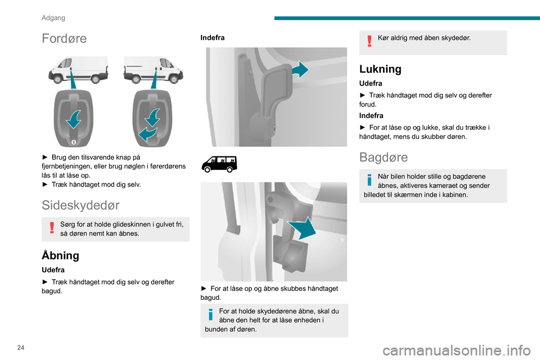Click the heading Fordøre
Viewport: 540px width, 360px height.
[64, 38]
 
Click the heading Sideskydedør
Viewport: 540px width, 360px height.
[80, 205]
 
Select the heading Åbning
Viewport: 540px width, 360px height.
[60, 255]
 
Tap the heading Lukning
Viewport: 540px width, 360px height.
[380, 69]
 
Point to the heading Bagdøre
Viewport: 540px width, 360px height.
[383, 157]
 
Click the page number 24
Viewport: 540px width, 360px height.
[21, 348]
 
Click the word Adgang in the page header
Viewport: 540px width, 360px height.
[53, 18]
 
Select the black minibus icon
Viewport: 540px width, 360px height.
[219, 164]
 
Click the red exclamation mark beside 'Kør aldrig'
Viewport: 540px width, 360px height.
[370, 40]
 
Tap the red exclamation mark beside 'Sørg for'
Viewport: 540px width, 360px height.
[52, 227]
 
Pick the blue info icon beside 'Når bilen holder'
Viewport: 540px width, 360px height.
[370, 179]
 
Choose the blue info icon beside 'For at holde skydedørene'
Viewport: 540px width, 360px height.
[211, 314]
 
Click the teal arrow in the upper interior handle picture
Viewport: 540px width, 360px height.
[300, 70]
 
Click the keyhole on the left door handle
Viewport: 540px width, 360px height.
[73, 142]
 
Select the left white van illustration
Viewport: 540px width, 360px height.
[78, 70]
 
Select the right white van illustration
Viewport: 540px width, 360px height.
[154, 70]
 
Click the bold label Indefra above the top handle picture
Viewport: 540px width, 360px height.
[213, 38]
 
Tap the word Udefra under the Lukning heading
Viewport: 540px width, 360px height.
[371, 83]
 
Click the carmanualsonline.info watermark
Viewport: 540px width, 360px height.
[457, 350]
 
